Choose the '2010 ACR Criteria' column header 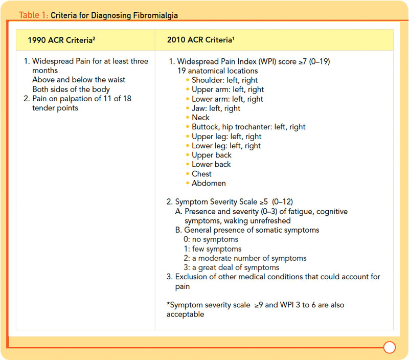[199, 39]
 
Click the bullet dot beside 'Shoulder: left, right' [187, 80]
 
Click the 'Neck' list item [200, 118]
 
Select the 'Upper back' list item [211, 155]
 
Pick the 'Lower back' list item [211, 164]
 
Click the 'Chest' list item [201, 174]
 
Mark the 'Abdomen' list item [209, 183]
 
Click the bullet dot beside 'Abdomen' [187, 183]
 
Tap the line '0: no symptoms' [213, 239]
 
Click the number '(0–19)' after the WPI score [317, 61]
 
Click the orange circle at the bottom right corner [390, 348]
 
